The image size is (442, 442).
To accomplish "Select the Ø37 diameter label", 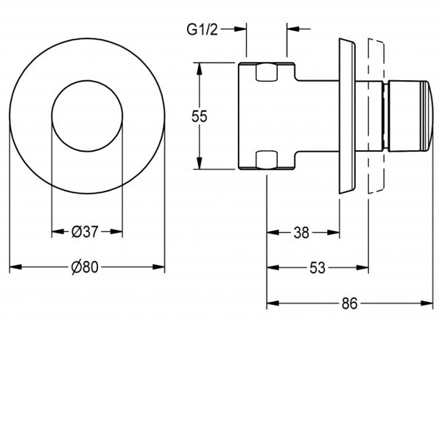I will tap(86, 232).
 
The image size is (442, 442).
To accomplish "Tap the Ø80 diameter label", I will tap(85, 268).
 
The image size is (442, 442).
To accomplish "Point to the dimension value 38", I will tap(301, 233).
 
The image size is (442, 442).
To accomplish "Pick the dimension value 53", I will tap(317, 268).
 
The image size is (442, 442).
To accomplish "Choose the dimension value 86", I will tap(349, 303).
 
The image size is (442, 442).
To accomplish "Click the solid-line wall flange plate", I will tap(345, 116).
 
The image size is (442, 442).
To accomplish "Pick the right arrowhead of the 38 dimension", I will tap(336, 233).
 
